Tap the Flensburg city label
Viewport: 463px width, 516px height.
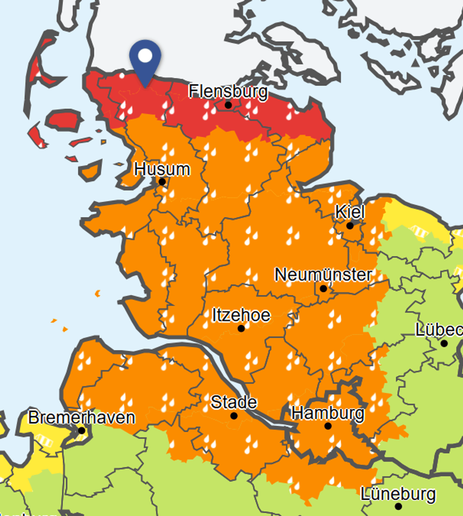[228, 91]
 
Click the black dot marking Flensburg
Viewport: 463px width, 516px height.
[228, 105]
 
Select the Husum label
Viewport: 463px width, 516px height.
[162, 169]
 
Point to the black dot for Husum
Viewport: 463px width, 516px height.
[162, 182]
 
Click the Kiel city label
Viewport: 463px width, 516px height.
[350, 212]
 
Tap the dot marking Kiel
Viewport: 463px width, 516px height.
[350, 225]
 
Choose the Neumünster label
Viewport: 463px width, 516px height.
[323, 275]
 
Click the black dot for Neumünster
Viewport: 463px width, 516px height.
[323, 289]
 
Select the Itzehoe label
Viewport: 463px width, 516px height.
[241, 315]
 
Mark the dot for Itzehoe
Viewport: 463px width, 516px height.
[241, 328]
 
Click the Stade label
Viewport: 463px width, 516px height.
[234, 402]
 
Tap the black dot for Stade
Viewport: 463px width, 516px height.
[234, 416]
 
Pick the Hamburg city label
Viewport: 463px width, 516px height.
[328, 413]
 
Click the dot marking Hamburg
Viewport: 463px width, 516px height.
[328, 426]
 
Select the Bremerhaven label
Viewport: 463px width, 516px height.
[82, 417]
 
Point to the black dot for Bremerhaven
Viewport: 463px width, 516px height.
[82, 431]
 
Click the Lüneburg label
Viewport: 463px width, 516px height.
[398, 494]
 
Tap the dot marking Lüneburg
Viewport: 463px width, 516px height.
[399, 507]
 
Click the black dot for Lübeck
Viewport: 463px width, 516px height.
[444, 343]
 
